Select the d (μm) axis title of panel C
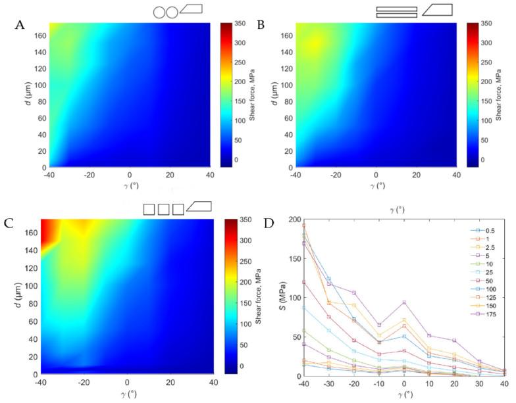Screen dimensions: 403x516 click(x=14, y=296)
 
